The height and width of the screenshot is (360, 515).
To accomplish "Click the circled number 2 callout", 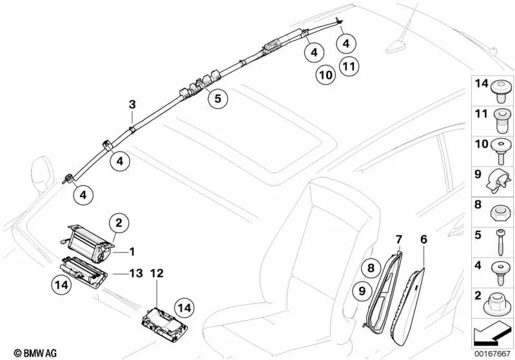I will click(x=118, y=223).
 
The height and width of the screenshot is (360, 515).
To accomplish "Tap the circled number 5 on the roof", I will click(x=217, y=99).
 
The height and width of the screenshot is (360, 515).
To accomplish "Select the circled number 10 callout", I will click(x=326, y=75).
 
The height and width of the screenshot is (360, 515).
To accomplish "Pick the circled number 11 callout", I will click(x=349, y=66).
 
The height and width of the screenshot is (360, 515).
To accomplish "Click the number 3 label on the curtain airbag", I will click(x=131, y=104).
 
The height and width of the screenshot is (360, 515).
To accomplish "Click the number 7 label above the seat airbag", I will click(x=399, y=240).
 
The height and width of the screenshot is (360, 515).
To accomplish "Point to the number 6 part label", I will click(x=423, y=240).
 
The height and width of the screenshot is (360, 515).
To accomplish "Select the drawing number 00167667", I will click(x=492, y=353).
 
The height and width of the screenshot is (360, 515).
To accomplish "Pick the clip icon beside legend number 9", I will click(x=499, y=180).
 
